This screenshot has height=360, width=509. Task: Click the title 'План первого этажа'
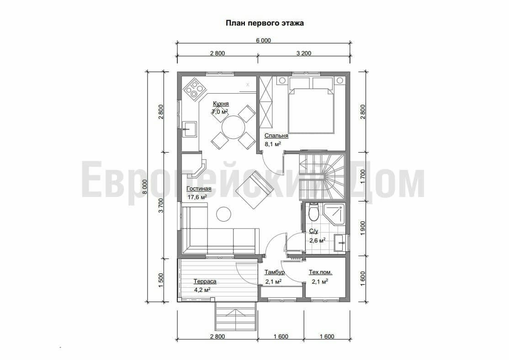coord(265,23)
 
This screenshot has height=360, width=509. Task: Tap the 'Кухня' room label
coord(221,104)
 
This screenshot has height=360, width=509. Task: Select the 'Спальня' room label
coord(276,136)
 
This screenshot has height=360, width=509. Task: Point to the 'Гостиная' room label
coord(199,189)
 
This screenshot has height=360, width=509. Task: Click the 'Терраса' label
coord(205,281)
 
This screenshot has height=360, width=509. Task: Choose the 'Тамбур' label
coord(275,272)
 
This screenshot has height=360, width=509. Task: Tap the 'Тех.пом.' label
coord(320,272)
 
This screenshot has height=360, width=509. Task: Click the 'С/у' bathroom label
coord(313,231)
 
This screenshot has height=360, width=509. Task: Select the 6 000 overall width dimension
coord(263,40)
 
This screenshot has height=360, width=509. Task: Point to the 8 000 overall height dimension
coord(145,187)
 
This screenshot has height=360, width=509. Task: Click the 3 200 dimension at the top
coord(304,53)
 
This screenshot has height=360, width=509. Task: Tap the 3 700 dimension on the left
coord(161,206)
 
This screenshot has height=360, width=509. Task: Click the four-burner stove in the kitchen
coord(194,88)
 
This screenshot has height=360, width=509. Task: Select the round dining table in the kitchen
coord(233,127)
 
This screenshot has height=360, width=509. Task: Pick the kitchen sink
coord(189,129)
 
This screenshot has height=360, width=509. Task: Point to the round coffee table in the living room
coord(224,214)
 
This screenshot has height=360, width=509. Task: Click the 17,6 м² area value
coord(197,197)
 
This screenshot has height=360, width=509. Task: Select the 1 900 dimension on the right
coord(363,228)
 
